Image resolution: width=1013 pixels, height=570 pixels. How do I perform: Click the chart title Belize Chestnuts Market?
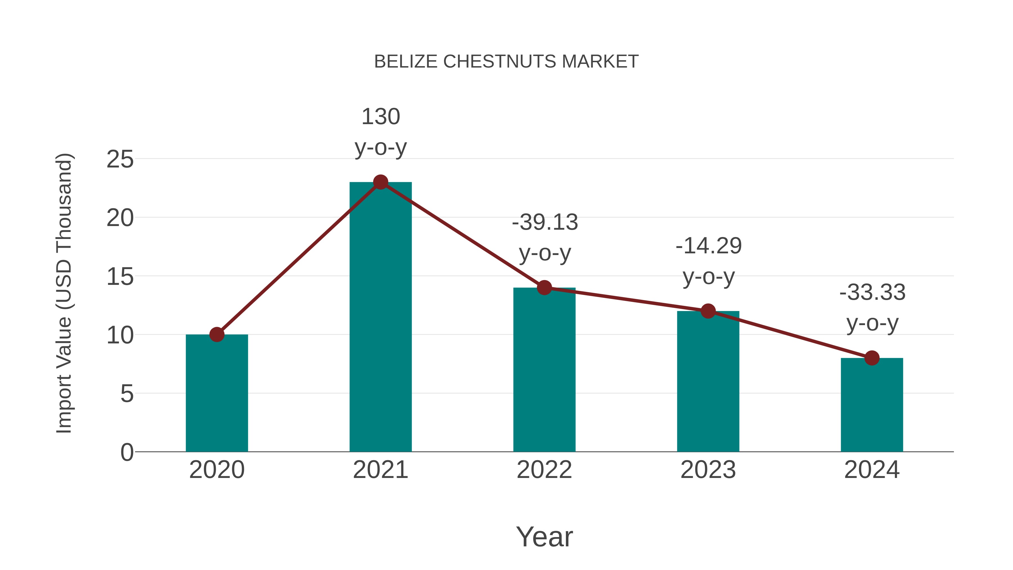[506, 62]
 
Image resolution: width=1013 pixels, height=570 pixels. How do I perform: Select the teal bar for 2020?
[217, 394]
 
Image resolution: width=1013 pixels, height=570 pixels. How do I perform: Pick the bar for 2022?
[544, 370]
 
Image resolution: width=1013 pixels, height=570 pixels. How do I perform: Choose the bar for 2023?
[708, 382]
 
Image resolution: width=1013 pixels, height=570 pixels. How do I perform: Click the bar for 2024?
[872, 405]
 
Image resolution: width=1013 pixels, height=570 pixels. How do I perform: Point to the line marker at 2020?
[217, 335]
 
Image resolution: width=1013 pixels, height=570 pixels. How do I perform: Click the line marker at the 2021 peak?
[380, 182]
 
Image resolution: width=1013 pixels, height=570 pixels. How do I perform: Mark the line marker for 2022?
[544, 288]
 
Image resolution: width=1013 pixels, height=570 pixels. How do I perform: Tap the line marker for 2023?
[708, 311]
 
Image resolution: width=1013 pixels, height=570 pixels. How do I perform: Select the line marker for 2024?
[872, 358]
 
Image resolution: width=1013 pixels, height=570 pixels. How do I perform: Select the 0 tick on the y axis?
[127, 452]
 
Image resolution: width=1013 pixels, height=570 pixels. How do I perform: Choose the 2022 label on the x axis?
[544, 470]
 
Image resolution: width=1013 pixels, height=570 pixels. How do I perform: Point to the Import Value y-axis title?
[64, 293]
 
